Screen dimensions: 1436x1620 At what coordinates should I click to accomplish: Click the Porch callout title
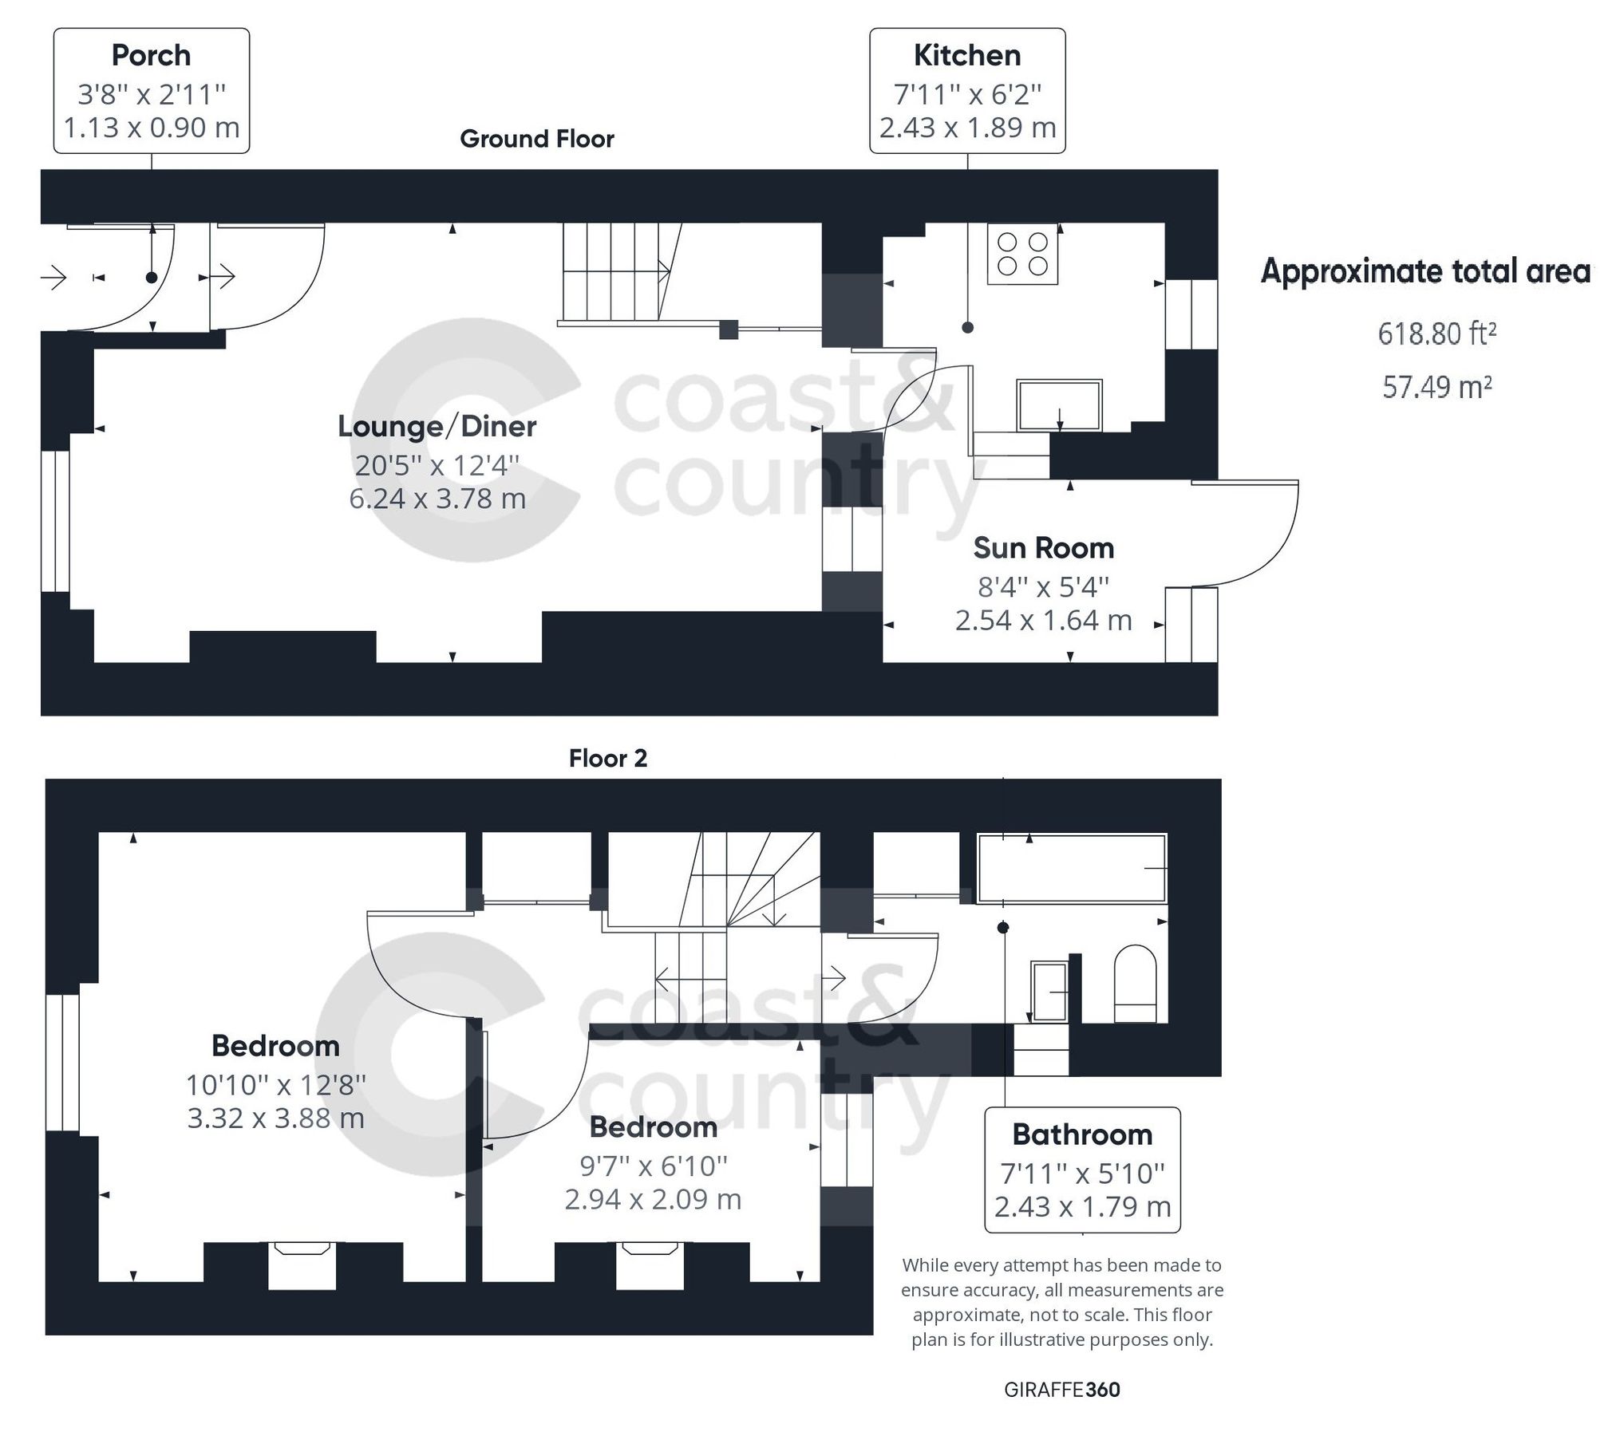(x=151, y=56)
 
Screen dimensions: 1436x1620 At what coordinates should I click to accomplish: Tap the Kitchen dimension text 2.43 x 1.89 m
(x=967, y=128)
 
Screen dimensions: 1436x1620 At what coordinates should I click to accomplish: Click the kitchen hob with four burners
(x=1022, y=254)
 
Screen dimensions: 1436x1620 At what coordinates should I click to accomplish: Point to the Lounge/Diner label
(x=437, y=426)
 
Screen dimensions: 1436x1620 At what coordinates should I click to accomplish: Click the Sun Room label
(x=1043, y=548)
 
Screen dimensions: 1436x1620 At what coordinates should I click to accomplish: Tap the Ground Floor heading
(x=537, y=139)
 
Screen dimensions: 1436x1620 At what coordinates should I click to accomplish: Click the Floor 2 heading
(x=607, y=758)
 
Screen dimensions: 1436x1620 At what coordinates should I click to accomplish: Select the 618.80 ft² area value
(x=1436, y=333)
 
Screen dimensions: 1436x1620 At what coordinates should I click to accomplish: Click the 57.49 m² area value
(x=1436, y=387)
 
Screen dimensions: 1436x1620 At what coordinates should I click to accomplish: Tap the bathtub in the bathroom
(x=1072, y=868)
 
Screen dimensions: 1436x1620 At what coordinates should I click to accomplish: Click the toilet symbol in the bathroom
(x=1134, y=984)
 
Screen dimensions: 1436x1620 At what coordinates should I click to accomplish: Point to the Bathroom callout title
(x=1082, y=1134)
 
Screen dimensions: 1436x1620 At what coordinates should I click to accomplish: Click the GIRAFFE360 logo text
(x=1061, y=1390)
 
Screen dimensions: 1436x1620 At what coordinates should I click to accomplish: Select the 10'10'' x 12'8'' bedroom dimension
(x=276, y=1085)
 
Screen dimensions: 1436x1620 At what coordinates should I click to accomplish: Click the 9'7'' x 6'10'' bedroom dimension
(x=653, y=1166)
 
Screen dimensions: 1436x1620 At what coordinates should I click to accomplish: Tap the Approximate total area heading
(x=1425, y=272)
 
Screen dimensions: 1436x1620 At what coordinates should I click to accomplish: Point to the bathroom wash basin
(x=1049, y=992)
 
